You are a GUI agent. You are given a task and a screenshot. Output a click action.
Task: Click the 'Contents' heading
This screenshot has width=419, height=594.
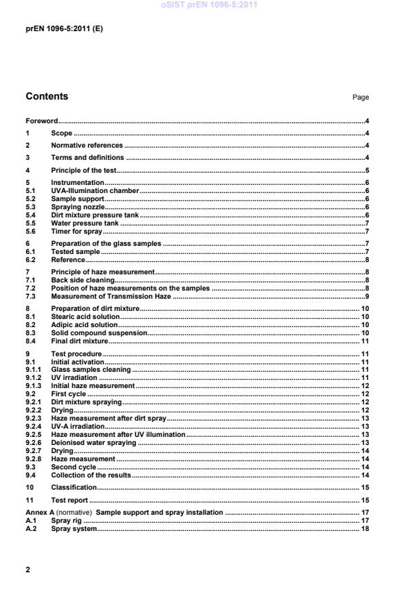[47, 97]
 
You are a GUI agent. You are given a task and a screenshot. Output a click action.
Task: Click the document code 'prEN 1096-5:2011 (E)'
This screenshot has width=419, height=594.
[64, 29]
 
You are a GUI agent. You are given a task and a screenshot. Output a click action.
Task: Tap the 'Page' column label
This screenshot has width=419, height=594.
[360, 98]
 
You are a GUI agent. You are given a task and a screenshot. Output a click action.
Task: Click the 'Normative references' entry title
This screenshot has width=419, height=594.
[87, 145]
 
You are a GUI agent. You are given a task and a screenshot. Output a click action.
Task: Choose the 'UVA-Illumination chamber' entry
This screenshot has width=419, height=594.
[95, 191]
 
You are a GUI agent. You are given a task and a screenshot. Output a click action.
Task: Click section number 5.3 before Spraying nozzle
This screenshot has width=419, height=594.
[31, 207]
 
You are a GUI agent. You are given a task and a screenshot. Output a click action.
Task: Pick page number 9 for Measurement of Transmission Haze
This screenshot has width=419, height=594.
[366, 296]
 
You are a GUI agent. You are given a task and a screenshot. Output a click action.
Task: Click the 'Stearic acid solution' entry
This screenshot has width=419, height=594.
[85, 316]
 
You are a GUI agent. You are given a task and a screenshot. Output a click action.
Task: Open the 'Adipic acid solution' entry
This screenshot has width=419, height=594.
[85, 324]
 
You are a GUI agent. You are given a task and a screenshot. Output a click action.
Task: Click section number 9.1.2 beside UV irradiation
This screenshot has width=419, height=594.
[34, 377]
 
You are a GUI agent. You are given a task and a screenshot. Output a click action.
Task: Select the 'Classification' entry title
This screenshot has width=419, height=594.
[74, 487]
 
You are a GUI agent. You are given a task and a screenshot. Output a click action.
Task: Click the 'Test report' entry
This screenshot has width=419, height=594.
[69, 500]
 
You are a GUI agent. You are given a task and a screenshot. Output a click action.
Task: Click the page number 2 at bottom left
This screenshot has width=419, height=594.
[28, 570]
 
